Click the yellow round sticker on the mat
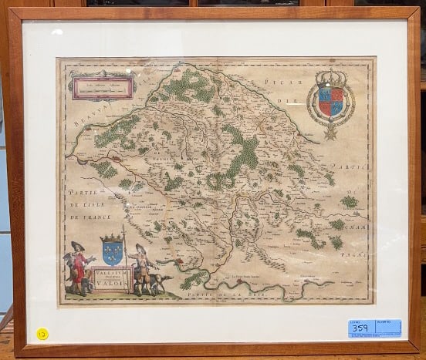[x=42, y=333]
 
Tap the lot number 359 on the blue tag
[x=359, y=328]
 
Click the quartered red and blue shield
[x=330, y=101]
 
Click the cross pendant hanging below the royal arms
[x=330, y=133]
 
